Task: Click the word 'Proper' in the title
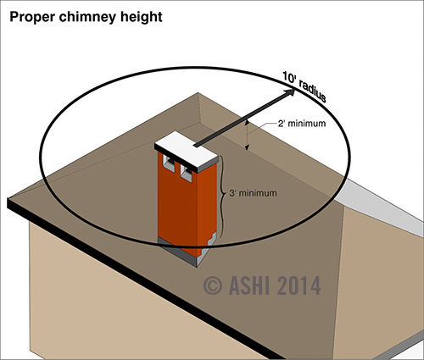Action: pos(32,18)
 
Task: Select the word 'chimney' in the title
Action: pos(87,18)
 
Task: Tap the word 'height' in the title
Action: pos(142,18)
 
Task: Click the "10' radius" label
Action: pos(304,87)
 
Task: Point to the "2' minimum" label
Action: pos(302,124)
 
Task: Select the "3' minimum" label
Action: pos(253,193)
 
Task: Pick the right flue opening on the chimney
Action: pos(187,172)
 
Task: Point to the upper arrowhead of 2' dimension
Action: pos(247,122)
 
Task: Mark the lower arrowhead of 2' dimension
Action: pos(247,147)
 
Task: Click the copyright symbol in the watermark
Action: pos(213,285)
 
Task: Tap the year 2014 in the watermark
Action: pos(298,285)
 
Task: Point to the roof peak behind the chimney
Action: pos(198,93)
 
